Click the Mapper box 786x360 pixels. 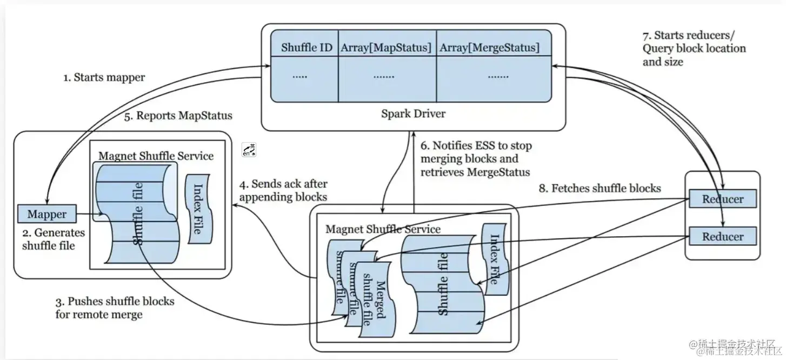point(47,214)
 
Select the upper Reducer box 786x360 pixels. point(722,199)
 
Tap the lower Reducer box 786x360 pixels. point(722,236)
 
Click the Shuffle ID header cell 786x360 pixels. point(306,47)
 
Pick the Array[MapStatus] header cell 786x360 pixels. point(386,47)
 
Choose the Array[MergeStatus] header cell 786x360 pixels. point(489,47)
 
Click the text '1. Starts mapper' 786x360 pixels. point(104,77)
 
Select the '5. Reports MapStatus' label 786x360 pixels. point(178,115)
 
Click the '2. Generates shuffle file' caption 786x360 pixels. point(53,239)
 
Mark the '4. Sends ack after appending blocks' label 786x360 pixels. point(283,190)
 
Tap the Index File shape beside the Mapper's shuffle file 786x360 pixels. point(197,209)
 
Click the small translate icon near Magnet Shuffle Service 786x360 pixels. point(249,150)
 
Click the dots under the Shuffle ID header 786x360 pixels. point(299,76)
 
